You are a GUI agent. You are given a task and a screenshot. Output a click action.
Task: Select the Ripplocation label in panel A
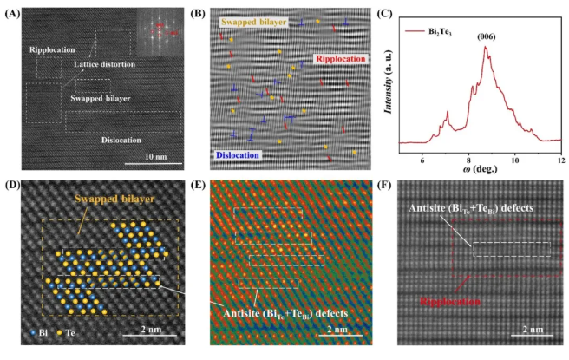[53, 49]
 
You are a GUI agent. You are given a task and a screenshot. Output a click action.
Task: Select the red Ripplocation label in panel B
[343, 58]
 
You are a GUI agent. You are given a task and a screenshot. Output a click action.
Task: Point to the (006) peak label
[485, 38]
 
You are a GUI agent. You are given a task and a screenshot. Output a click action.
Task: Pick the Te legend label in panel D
[65, 332]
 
